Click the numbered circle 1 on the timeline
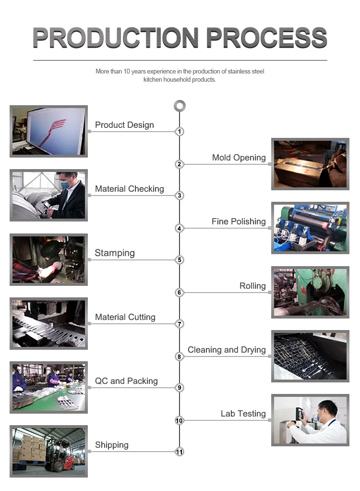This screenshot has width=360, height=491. (x=180, y=132)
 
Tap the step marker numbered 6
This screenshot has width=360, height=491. (x=180, y=293)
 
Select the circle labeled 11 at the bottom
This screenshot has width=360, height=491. (x=180, y=452)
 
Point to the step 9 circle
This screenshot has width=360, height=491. (x=180, y=388)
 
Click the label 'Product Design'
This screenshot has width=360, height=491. (x=124, y=125)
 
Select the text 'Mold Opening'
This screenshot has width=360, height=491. (x=239, y=158)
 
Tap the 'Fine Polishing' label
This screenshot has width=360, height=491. (x=239, y=221)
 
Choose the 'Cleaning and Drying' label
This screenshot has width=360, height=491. (x=227, y=350)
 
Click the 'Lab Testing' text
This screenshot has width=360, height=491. (x=243, y=414)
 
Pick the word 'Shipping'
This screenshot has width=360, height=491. (x=112, y=445)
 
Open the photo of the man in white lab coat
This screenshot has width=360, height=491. (x=310, y=420)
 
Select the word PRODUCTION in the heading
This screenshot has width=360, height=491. (x=115, y=37)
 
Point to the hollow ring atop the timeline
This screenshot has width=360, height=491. (x=180, y=106)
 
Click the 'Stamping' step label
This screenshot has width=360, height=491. (x=115, y=253)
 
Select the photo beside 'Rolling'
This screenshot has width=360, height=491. (x=310, y=293)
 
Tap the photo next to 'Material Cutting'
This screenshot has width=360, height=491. (x=48, y=323)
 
